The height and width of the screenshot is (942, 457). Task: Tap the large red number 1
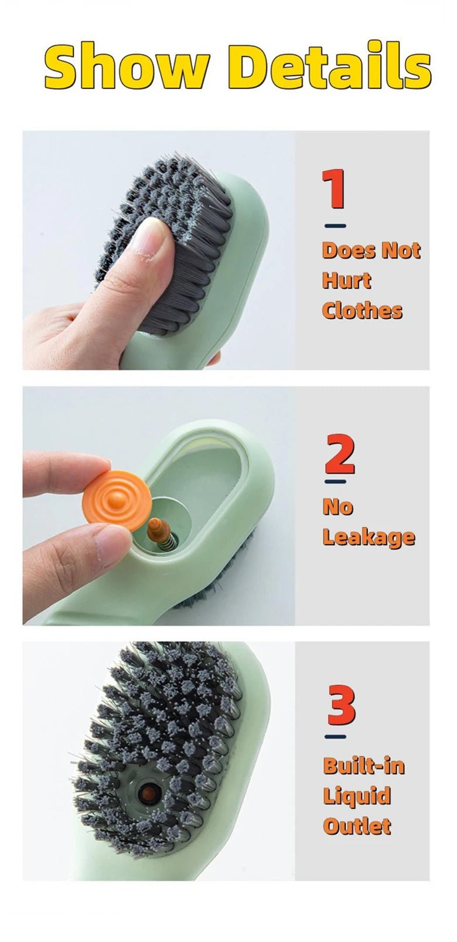(x=335, y=189)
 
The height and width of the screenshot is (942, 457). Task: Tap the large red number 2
(x=340, y=454)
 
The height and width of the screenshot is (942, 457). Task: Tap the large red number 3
(x=341, y=706)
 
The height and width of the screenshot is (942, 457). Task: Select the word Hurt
(x=346, y=280)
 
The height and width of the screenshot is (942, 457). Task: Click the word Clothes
(x=362, y=310)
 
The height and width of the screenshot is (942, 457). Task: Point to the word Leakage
(x=369, y=537)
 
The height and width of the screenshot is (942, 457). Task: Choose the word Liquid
(x=357, y=795)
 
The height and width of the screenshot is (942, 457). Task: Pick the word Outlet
(x=357, y=826)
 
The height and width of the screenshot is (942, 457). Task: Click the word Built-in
(x=364, y=766)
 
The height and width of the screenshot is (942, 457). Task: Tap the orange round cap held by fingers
(x=118, y=498)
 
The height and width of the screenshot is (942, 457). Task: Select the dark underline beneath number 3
(x=335, y=737)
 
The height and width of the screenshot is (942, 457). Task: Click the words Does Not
(x=371, y=250)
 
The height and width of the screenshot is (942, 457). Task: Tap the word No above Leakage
(x=337, y=506)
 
